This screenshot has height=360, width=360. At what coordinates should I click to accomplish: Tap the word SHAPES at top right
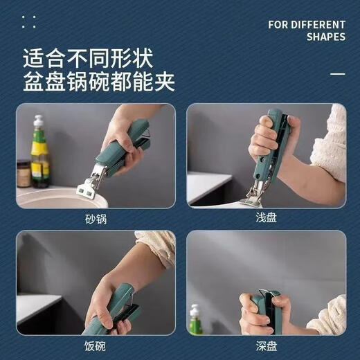tap(326, 37)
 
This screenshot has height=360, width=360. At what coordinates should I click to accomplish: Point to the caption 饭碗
tap(95, 343)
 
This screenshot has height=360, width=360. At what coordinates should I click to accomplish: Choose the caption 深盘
tap(267, 343)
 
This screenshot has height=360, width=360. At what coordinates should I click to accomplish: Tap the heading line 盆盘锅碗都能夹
tap(98, 82)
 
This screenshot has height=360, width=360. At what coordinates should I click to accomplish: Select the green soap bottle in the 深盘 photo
tap(196, 321)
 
